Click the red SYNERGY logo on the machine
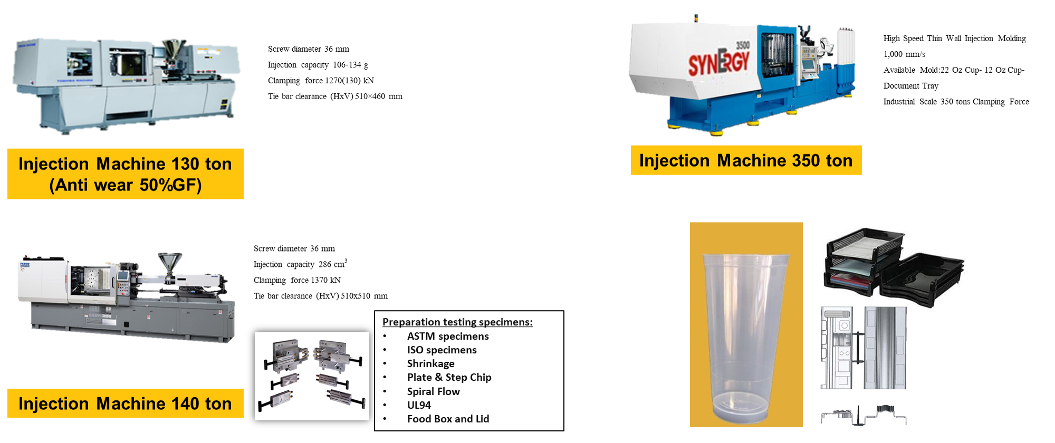coord(718,63)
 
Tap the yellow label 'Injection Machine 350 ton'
coord(746,160)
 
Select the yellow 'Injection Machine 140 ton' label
coord(126,403)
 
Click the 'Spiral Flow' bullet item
coord(433,391)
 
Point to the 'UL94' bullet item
coord(419,405)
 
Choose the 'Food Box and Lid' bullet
coord(448,419)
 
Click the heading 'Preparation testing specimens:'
coord(457,322)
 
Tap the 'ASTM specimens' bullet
coord(448,336)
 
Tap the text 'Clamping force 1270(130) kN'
coord(321,81)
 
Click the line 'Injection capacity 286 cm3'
coord(300,264)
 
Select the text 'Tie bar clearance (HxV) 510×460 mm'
coord(335,97)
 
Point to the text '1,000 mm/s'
coord(904,54)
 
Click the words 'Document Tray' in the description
coord(911,86)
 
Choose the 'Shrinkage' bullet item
coord(430,363)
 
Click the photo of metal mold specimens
coord(312,375)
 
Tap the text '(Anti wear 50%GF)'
coord(126,185)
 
